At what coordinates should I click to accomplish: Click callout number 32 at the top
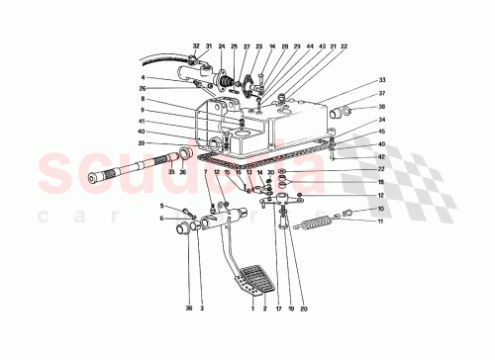click(196, 46)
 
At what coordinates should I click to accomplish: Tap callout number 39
click(143, 143)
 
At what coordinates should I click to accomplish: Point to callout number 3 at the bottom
click(202, 309)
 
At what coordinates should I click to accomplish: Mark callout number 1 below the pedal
click(252, 309)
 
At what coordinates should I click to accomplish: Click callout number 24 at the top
click(221, 46)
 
